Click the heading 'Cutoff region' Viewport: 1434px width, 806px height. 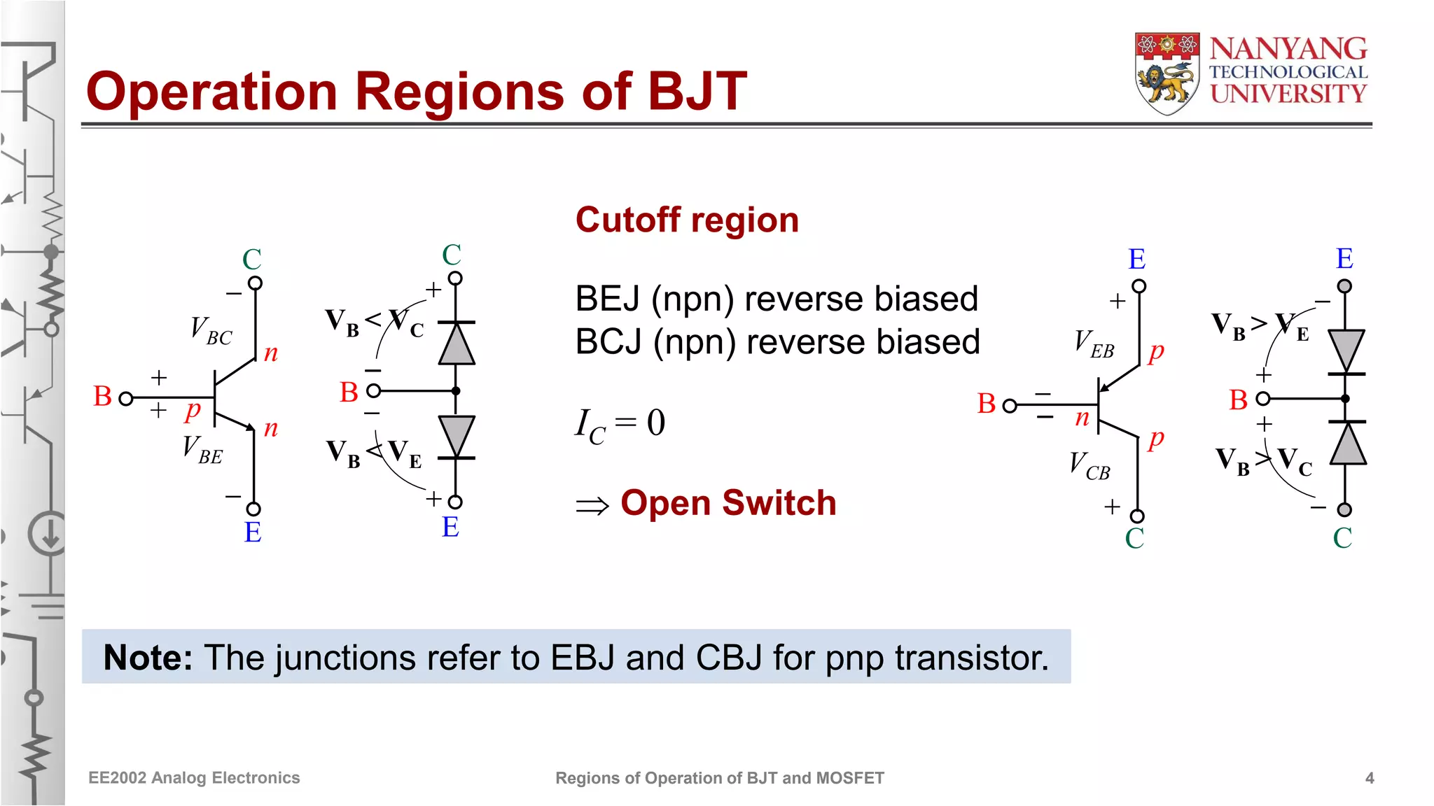tap(686, 220)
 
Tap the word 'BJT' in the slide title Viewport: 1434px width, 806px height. tap(697, 92)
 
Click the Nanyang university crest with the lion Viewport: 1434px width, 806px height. tap(1167, 73)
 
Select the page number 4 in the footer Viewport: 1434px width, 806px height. tap(1370, 778)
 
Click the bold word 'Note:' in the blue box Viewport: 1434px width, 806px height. tap(148, 658)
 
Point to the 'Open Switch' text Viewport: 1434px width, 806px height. tap(728, 503)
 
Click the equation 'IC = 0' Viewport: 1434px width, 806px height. tap(620, 424)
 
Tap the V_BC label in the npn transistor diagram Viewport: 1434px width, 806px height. tap(210, 330)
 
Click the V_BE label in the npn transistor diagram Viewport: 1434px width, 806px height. tap(202, 450)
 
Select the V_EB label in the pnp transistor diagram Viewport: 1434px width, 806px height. tap(1094, 344)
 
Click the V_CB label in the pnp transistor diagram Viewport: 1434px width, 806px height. tap(1089, 466)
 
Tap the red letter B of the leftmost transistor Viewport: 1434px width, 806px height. tap(102, 397)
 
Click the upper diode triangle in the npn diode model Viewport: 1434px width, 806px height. tap(457, 344)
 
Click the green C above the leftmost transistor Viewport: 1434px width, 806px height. tap(252, 260)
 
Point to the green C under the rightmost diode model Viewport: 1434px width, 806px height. tap(1342, 538)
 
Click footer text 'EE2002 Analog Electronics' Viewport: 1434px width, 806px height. tap(194, 778)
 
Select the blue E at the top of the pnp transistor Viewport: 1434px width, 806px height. tap(1136, 260)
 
